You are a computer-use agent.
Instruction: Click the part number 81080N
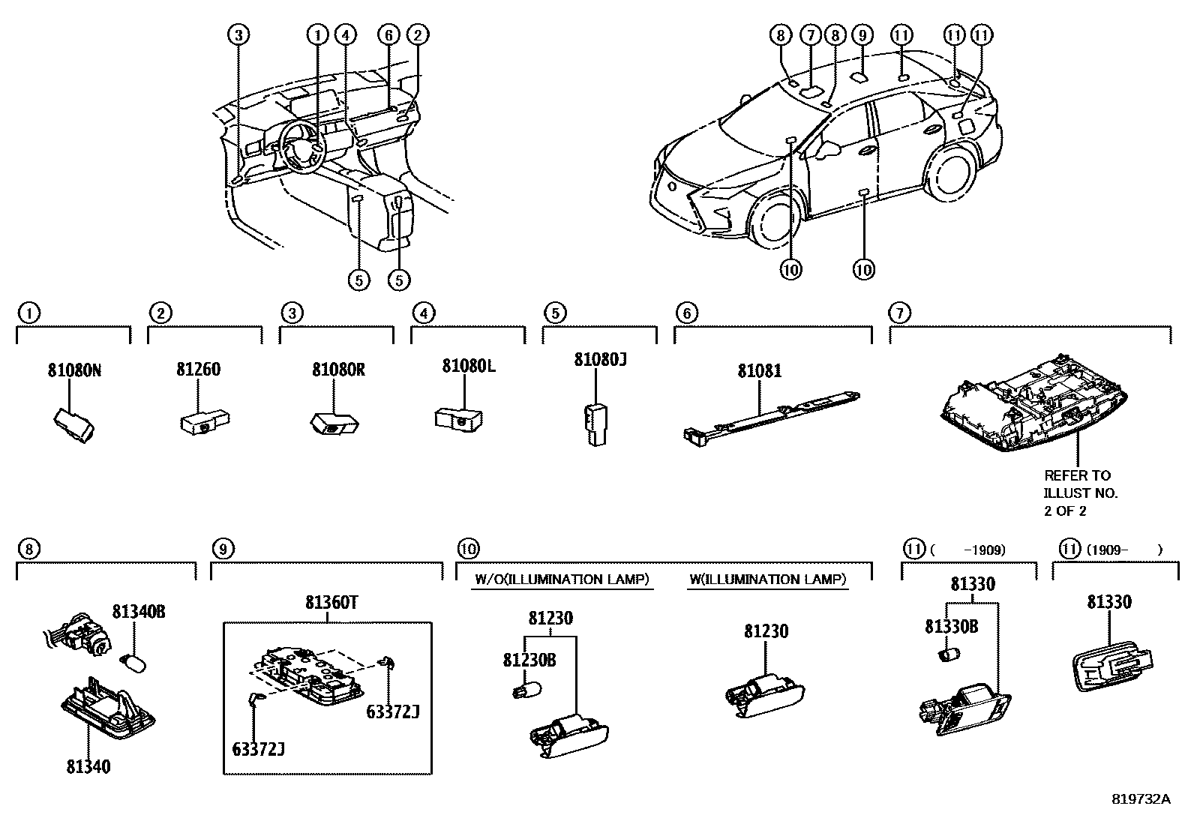[x=74, y=370]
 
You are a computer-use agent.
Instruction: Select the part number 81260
[x=199, y=370]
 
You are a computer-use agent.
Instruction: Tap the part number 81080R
[x=338, y=370]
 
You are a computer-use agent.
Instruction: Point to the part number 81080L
[x=469, y=366]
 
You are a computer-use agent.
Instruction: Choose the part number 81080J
[x=600, y=360]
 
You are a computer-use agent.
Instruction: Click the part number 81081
[x=759, y=370]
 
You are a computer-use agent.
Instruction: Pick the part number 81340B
[x=139, y=612]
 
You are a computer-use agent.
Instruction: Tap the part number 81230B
[x=529, y=660]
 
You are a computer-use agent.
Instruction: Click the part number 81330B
[x=951, y=627]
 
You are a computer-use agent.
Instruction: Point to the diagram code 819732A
[x=1140, y=799]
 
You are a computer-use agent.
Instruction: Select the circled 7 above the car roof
[x=809, y=34]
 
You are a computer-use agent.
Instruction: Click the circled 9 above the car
[x=862, y=34]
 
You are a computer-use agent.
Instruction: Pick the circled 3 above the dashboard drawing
[x=238, y=34]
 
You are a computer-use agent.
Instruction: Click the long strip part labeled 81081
[x=772, y=413]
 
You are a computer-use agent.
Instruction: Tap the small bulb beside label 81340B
[x=133, y=662]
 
